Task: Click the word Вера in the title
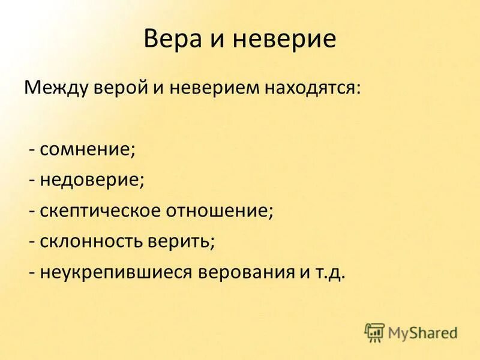pos(170,40)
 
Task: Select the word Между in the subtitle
pos(56,89)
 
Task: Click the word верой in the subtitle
pos(124,89)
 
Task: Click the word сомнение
pos(86,149)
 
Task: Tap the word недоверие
pos(91,179)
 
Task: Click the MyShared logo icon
pos(374,332)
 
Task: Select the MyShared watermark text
pos(422,332)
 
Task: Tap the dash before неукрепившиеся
pos(32,273)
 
